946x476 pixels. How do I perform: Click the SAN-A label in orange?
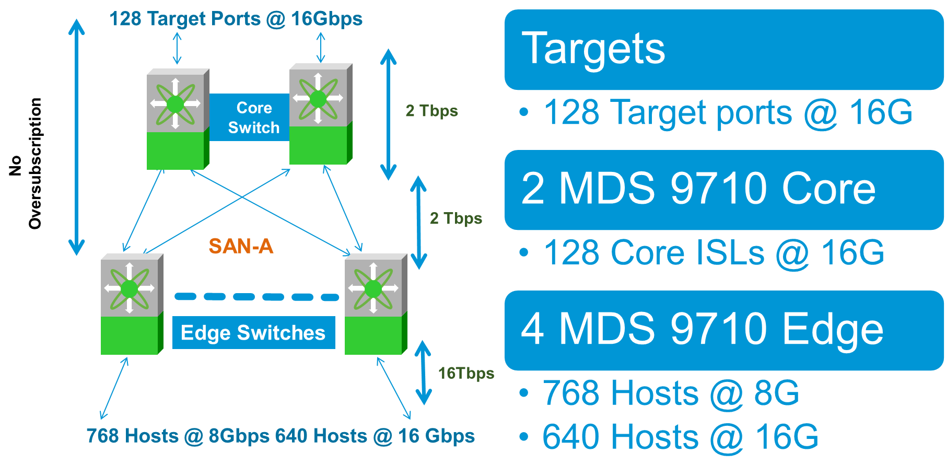241,246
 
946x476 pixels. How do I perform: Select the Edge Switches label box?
253,333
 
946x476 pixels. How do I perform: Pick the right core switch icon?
320,114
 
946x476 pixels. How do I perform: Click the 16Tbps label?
465,373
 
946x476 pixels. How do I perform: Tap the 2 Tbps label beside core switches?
431,111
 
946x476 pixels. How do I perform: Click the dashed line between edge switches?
256,297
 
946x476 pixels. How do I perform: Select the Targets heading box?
723,50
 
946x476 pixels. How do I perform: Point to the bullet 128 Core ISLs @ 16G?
713,253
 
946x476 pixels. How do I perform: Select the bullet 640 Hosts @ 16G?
679,437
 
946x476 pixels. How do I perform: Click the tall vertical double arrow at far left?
77,137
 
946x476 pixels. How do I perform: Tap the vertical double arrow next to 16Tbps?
423,373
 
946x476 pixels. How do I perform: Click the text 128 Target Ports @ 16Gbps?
236,19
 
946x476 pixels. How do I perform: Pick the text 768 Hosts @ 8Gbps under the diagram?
178,436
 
